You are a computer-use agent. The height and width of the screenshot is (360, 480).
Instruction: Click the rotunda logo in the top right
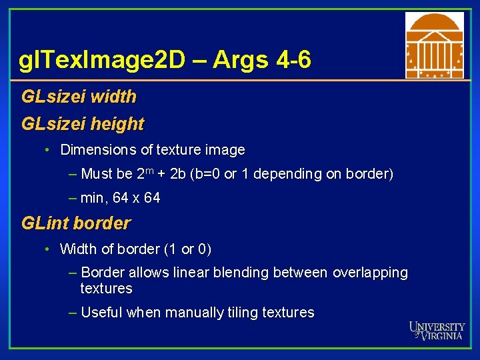(434, 45)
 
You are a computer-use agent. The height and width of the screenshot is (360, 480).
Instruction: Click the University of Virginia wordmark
(437, 331)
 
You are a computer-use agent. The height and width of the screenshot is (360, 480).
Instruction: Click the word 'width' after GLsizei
(113, 97)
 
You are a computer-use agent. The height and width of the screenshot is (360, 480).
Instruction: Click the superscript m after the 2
(151, 171)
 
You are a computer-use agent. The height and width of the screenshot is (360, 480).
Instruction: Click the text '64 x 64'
(139, 198)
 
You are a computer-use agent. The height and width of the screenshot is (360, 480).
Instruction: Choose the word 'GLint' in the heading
(44, 223)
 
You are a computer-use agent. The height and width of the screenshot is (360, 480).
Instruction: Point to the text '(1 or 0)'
(187, 249)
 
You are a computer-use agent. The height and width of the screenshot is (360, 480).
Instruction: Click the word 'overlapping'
(370, 273)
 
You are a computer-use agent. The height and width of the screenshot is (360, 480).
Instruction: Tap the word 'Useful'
(101, 313)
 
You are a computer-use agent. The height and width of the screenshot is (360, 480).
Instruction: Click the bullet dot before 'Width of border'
(48, 249)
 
